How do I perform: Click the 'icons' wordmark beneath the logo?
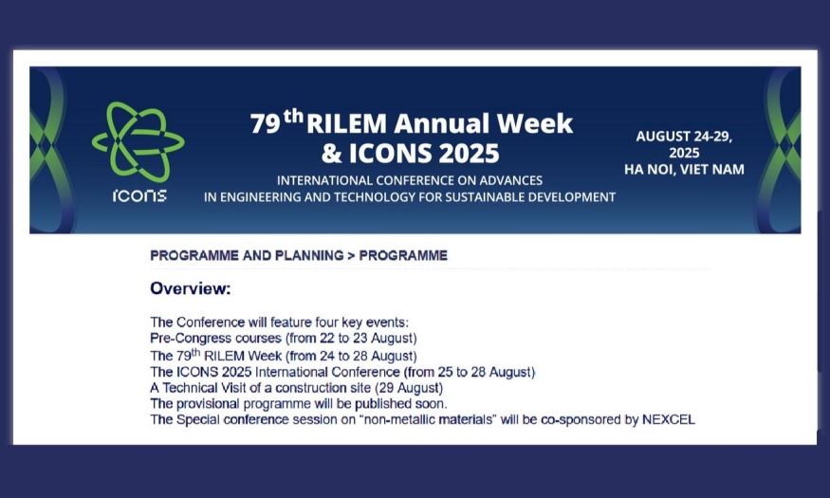(x=139, y=195)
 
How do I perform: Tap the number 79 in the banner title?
(x=265, y=123)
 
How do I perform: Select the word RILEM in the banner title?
(x=347, y=123)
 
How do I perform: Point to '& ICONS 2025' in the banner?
(x=410, y=154)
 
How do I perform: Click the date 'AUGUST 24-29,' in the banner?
(x=684, y=137)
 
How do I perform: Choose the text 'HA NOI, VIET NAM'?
(x=684, y=170)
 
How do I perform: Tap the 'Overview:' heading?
(x=191, y=288)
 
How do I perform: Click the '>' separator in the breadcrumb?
(x=351, y=255)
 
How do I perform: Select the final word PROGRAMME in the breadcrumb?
(x=403, y=255)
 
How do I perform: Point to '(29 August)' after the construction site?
(x=409, y=388)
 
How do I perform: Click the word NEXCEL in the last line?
(x=669, y=419)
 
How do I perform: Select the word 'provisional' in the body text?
(x=208, y=404)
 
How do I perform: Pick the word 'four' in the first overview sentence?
(x=326, y=323)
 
